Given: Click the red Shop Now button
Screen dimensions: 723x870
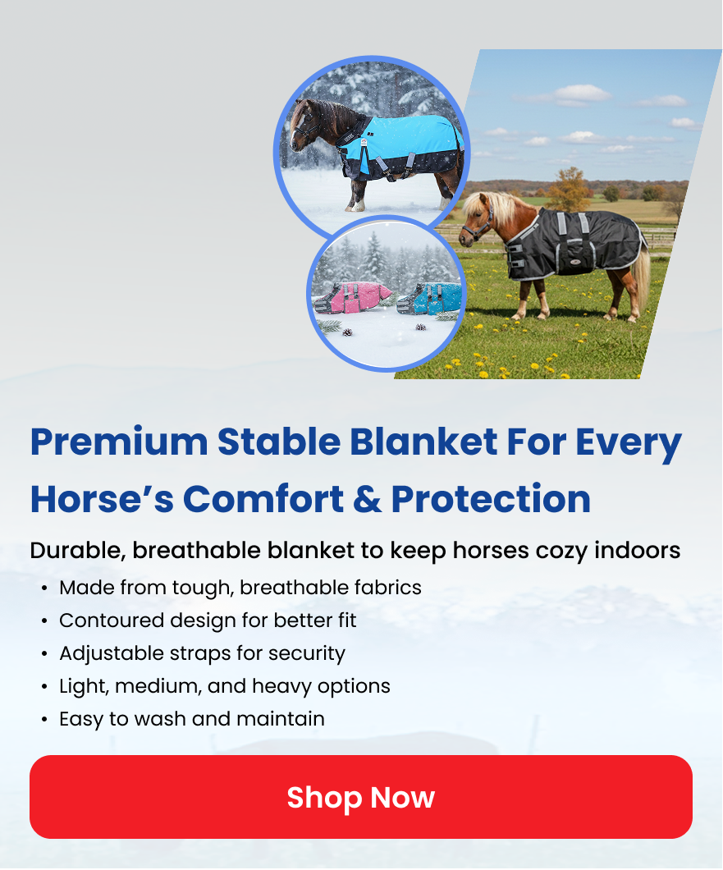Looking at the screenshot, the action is coord(360,797).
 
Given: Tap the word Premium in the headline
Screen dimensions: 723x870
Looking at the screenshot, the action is coord(119,442).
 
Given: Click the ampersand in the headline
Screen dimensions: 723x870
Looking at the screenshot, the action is coord(367,498).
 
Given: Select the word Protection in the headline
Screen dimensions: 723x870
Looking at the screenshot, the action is coord(491,498).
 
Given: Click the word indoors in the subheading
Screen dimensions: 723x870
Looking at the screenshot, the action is coord(637,551).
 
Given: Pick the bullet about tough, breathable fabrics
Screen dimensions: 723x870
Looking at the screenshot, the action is coord(240,588).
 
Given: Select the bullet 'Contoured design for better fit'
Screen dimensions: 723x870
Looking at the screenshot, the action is coord(208,620).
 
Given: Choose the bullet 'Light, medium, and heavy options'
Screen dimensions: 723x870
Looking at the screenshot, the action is coord(225,686).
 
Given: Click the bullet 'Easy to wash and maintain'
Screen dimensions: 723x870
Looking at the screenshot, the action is coord(192,719).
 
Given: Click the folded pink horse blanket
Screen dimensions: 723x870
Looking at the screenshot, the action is coord(352,297).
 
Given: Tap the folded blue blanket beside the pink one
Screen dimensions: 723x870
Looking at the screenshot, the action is coord(431,299).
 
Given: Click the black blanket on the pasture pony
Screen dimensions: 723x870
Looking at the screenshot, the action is coord(571,242).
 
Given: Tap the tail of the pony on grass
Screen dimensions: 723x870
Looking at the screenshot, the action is coord(641,279).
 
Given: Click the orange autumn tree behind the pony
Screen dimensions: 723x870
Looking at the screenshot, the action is coord(568,190).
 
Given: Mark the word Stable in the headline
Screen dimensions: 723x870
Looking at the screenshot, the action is coord(279,442).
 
